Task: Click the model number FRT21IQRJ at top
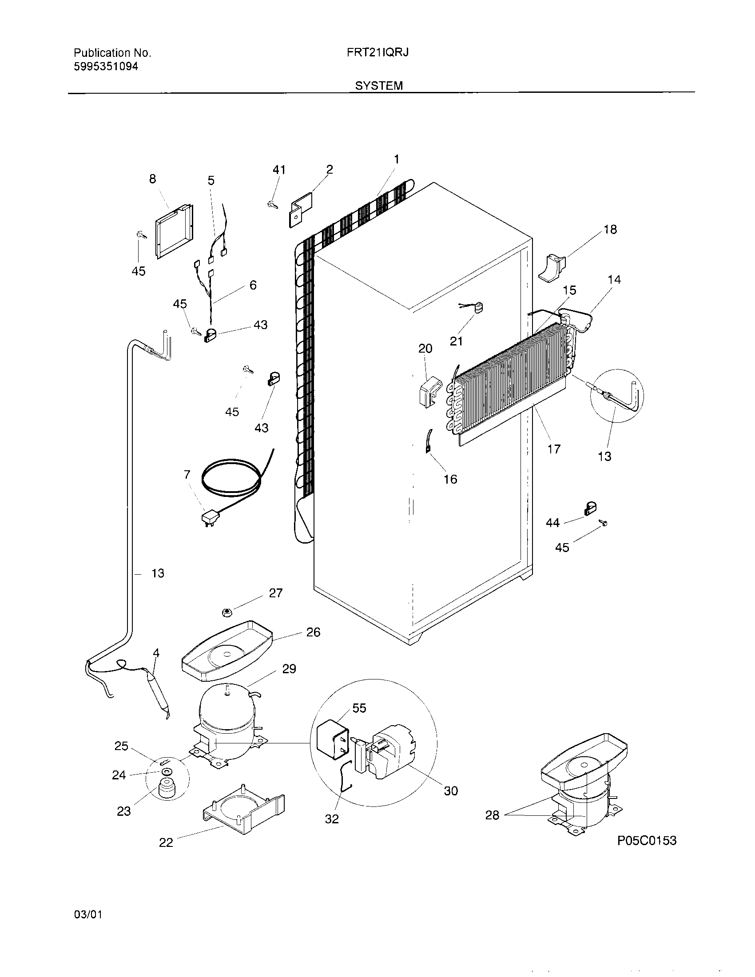(x=377, y=53)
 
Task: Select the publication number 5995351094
(x=106, y=67)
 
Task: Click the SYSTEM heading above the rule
(x=379, y=85)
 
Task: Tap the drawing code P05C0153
(x=647, y=841)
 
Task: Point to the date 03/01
(x=88, y=914)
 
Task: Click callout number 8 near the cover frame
(x=152, y=179)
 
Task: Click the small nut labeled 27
(x=226, y=612)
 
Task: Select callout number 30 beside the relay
(x=451, y=791)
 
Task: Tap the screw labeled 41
(x=271, y=204)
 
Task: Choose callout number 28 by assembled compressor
(x=492, y=815)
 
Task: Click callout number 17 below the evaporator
(x=554, y=449)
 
